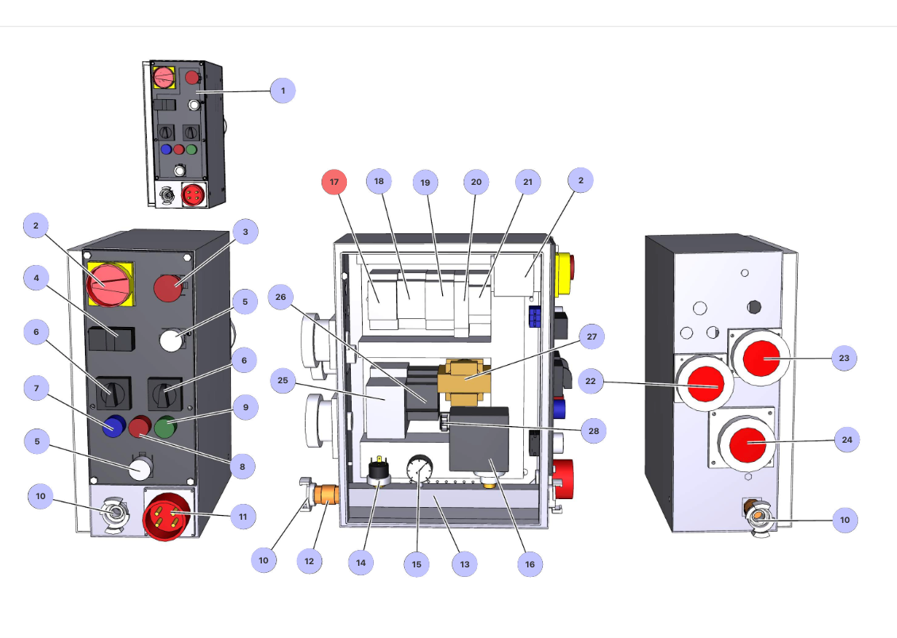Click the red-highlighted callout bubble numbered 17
point(334,182)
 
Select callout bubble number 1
point(282,91)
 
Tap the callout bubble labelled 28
point(591,431)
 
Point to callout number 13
point(464,565)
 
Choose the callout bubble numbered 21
point(527,182)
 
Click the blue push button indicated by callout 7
point(114,427)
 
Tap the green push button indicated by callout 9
point(166,427)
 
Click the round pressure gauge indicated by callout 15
point(417,471)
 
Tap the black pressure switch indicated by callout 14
point(379,473)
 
